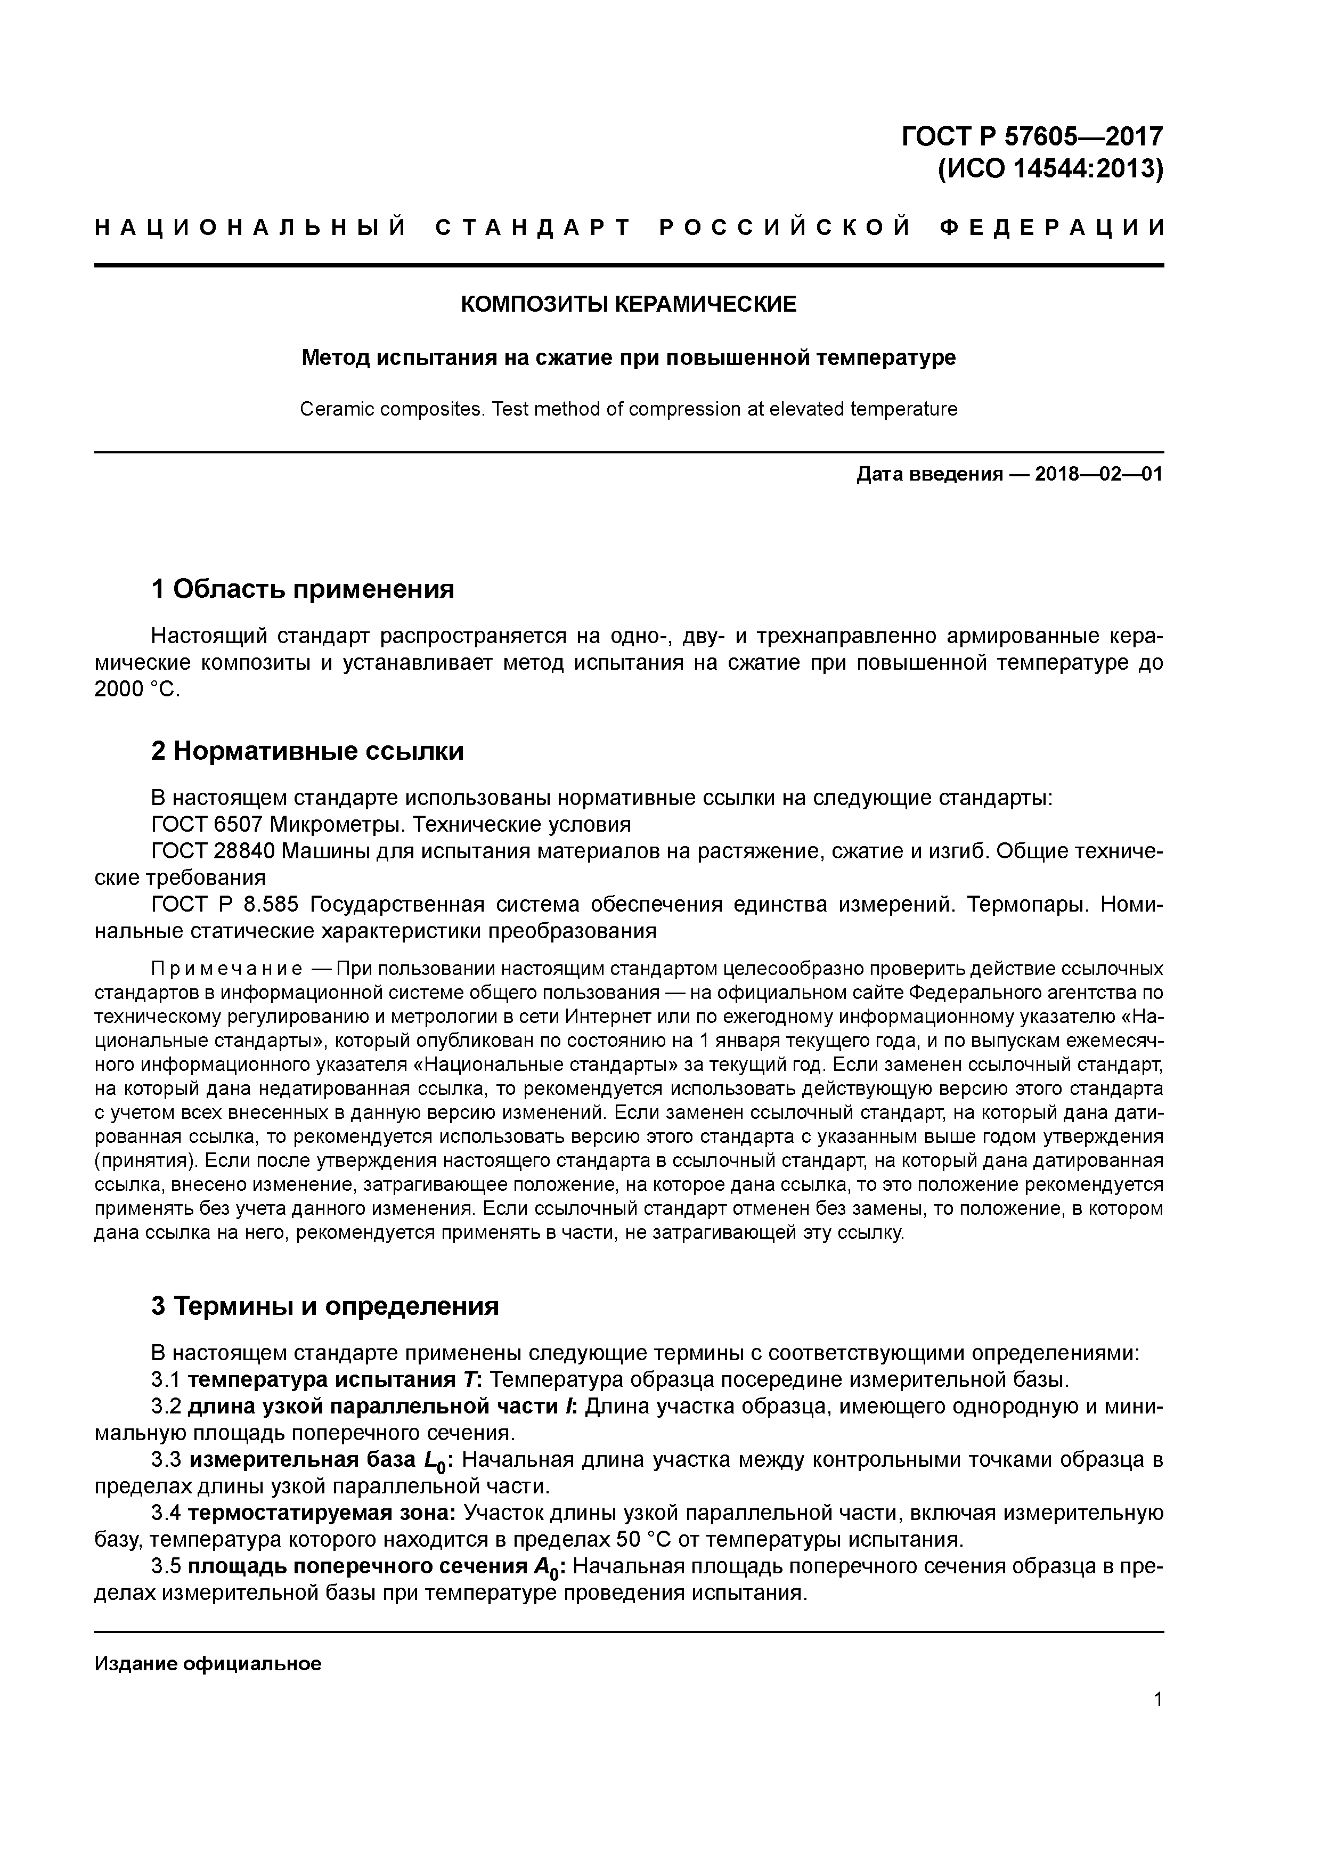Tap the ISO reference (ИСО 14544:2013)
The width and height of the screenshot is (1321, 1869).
(1050, 169)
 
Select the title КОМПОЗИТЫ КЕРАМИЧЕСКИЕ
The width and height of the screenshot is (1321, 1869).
(629, 304)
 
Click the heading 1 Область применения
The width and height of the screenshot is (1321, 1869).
(303, 588)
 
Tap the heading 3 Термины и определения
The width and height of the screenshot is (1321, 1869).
(325, 1306)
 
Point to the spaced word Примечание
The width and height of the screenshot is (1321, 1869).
(227, 969)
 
